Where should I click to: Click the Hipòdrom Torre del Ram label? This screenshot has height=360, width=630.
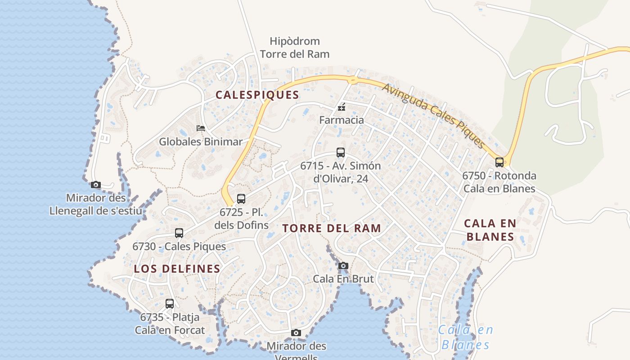pyautogui.click(x=295, y=48)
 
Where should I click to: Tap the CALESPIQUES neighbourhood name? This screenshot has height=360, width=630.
pyautogui.click(x=257, y=95)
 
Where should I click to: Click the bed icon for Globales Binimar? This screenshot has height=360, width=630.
pyautogui.click(x=201, y=128)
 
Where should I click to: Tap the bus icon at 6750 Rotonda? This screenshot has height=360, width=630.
pyautogui.click(x=499, y=162)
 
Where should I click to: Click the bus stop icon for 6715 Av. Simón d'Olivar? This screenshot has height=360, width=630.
pyautogui.click(x=341, y=153)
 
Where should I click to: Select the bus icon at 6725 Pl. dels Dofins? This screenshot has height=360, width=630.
pyautogui.click(x=241, y=198)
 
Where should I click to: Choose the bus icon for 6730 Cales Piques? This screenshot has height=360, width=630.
pyautogui.click(x=179, y=233)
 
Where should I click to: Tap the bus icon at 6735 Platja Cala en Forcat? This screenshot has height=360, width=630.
pyautogui.click(x=170, y=304)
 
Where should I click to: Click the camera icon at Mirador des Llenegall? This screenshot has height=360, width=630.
pyautogui.click(x=95, y=184)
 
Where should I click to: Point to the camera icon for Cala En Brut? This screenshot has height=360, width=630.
pyautogui.click(x=343, y=265)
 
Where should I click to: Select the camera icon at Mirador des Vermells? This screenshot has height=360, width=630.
pyautogui.click(x=296, y=333)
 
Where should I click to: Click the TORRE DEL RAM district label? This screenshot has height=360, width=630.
pyautogui.click(x=332, y=228)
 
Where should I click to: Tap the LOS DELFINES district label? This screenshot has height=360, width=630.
pyautogui.click(x=177, y=269)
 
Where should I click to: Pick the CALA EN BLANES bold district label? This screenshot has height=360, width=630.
pyautogui.click(x=490, y=229)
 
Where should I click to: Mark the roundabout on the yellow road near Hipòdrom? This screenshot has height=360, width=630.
pyautogui.click(x=353, y=81)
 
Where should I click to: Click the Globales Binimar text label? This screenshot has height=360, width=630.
pyautogui.click(x=201, y=142)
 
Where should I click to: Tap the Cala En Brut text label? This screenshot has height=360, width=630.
pyautogui.click(x=343, y=279)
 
